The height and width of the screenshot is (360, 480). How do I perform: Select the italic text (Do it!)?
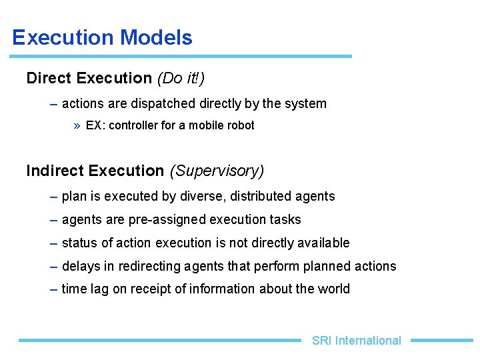point(181,79)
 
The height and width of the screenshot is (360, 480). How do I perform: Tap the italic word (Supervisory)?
point(217,171)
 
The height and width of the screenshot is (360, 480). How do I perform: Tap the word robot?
point(241,125)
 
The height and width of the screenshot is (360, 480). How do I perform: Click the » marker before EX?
point(77,125)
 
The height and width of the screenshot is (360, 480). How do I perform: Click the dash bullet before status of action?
point(53,243)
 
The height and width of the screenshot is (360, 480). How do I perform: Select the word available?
point(325,243)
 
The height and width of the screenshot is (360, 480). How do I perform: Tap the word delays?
point(79,267)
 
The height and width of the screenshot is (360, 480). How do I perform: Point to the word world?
point(334,289)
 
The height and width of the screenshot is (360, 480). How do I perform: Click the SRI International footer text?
point(356,341)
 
